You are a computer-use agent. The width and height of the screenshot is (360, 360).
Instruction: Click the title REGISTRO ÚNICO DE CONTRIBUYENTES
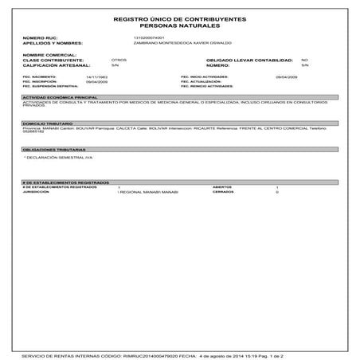(179, 17)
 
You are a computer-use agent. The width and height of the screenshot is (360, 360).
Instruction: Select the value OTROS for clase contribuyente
(119, 60)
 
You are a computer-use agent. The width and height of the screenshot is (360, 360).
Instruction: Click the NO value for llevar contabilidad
(304, 60)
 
